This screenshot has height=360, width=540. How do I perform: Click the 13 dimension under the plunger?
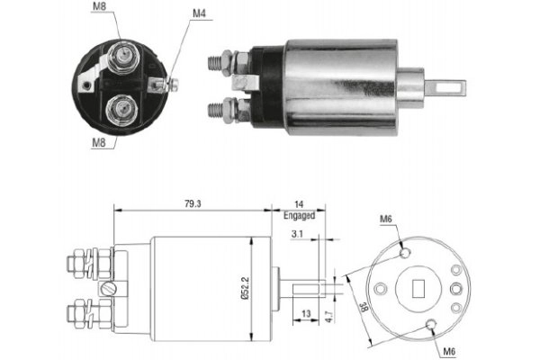click(x=308, y=314)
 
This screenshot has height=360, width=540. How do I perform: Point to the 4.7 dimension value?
click(x=331, y=314)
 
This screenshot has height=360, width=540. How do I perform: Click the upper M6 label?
click(x=385, y=219)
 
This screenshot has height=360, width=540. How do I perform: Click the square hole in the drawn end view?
click(x=418, y=288)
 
